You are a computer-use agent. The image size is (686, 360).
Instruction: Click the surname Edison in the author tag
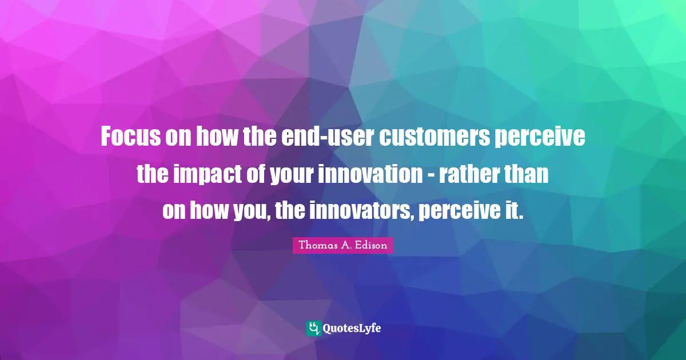[371, 246]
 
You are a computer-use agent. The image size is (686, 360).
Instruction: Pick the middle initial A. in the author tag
[344, 246]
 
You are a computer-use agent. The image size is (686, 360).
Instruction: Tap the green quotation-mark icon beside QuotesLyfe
[313, 328]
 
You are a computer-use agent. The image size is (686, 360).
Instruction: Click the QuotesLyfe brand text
[352, 329]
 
